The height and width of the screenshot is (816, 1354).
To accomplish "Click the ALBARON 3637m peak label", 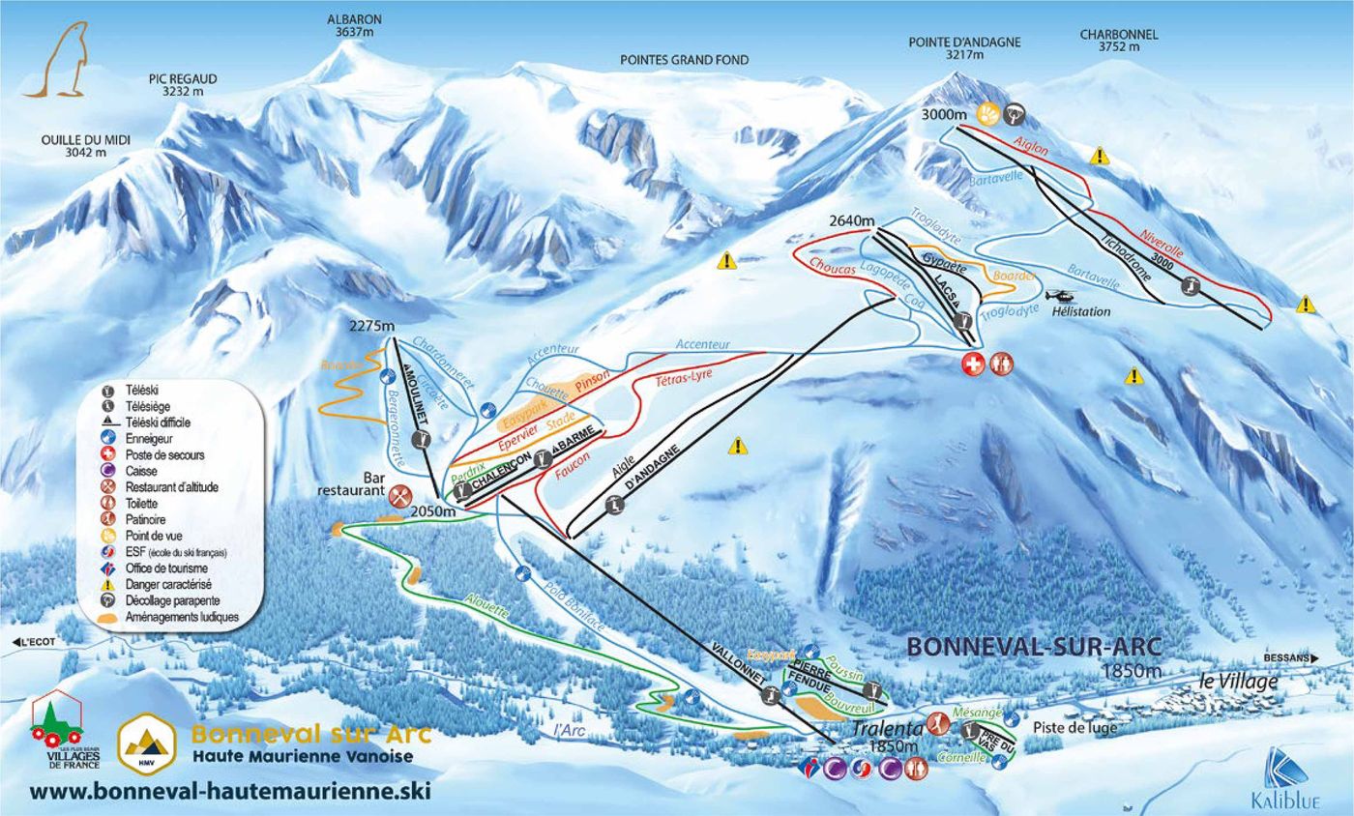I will tap(354, 25).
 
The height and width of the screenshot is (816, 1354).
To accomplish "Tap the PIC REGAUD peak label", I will tap(183, 85).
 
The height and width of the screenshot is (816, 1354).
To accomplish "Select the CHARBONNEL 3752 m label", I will tap(1118, 41).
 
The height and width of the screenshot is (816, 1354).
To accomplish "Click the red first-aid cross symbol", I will tap(971, 364).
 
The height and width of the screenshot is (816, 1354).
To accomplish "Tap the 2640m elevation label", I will tap(851, 221).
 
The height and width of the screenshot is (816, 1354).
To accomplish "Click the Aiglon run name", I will tap(1031, 146).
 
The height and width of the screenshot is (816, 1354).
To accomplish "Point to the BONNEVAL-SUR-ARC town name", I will tap(1033, 647).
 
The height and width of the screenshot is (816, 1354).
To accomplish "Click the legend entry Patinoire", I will tap(146, 519).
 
